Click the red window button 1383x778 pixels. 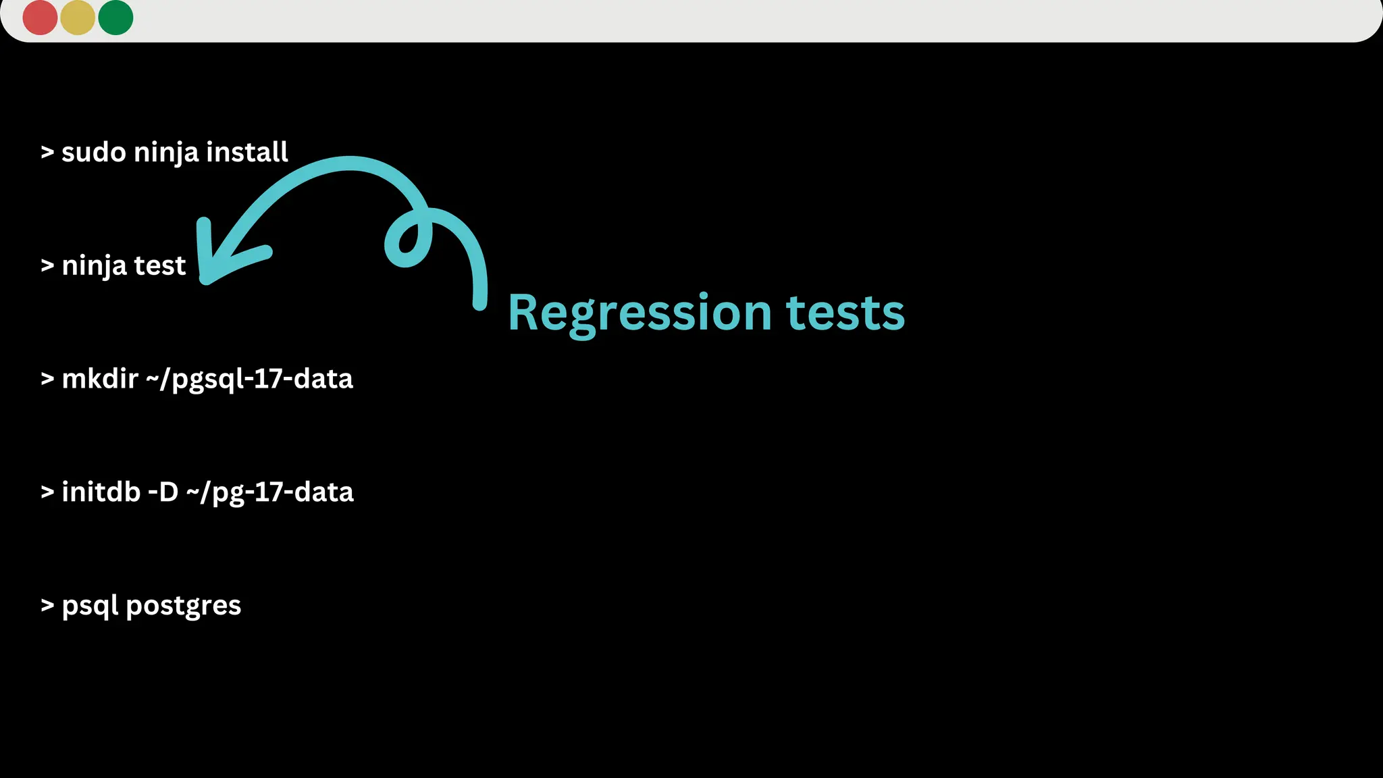[x=40, y=18]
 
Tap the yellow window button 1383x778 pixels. [x=78, y=18]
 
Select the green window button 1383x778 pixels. [x=115, y=18]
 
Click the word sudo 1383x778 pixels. [x=93, y=153]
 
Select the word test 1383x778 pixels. [x=159, y=266]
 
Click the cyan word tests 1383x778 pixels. [x=845, y=313]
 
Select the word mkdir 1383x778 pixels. [x=100, y=379]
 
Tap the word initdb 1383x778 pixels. [x=101, y=492]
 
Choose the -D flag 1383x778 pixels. [x=163, y=492]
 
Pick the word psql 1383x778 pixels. [x=90, y=606]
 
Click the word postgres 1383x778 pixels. [x=184, y=606]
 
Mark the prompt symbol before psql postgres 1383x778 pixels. [x=47, y=606]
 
